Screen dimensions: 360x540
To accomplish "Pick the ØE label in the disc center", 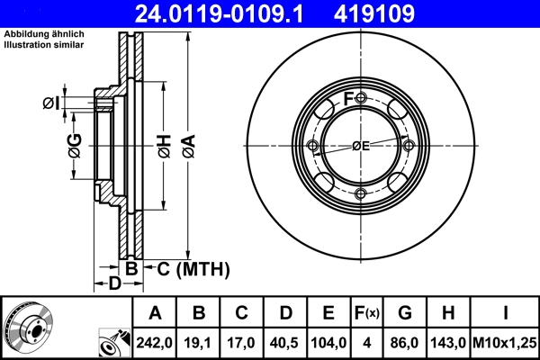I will [361, 146].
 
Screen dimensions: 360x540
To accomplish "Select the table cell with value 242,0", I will [155, 343].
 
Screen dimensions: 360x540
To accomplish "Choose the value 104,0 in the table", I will [329, 343].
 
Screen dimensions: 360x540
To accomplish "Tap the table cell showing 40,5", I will [285, 343].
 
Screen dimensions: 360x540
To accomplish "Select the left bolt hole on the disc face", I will [313, 146].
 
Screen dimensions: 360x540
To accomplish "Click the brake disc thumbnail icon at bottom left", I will [27, 328].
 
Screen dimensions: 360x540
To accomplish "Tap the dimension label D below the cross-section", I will [114, 284].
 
